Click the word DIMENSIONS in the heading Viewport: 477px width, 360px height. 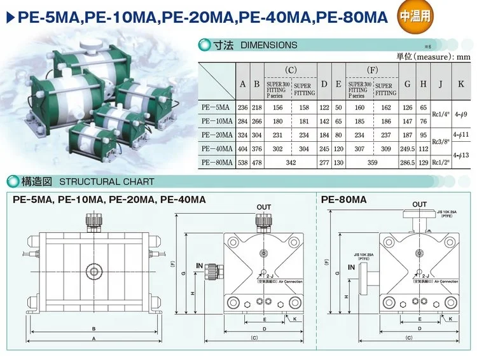point(269,45)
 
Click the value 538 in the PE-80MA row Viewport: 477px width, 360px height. point(243,162)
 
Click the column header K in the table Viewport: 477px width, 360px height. point(460,83)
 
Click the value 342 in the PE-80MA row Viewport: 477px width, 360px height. point(291,162)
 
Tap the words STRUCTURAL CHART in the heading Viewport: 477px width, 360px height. point(106,181)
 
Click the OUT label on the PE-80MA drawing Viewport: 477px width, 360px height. point(420,204)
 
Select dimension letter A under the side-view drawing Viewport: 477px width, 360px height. point(94,339)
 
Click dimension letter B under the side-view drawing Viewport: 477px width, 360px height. point(94,328)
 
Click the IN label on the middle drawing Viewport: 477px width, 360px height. point(199,264)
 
